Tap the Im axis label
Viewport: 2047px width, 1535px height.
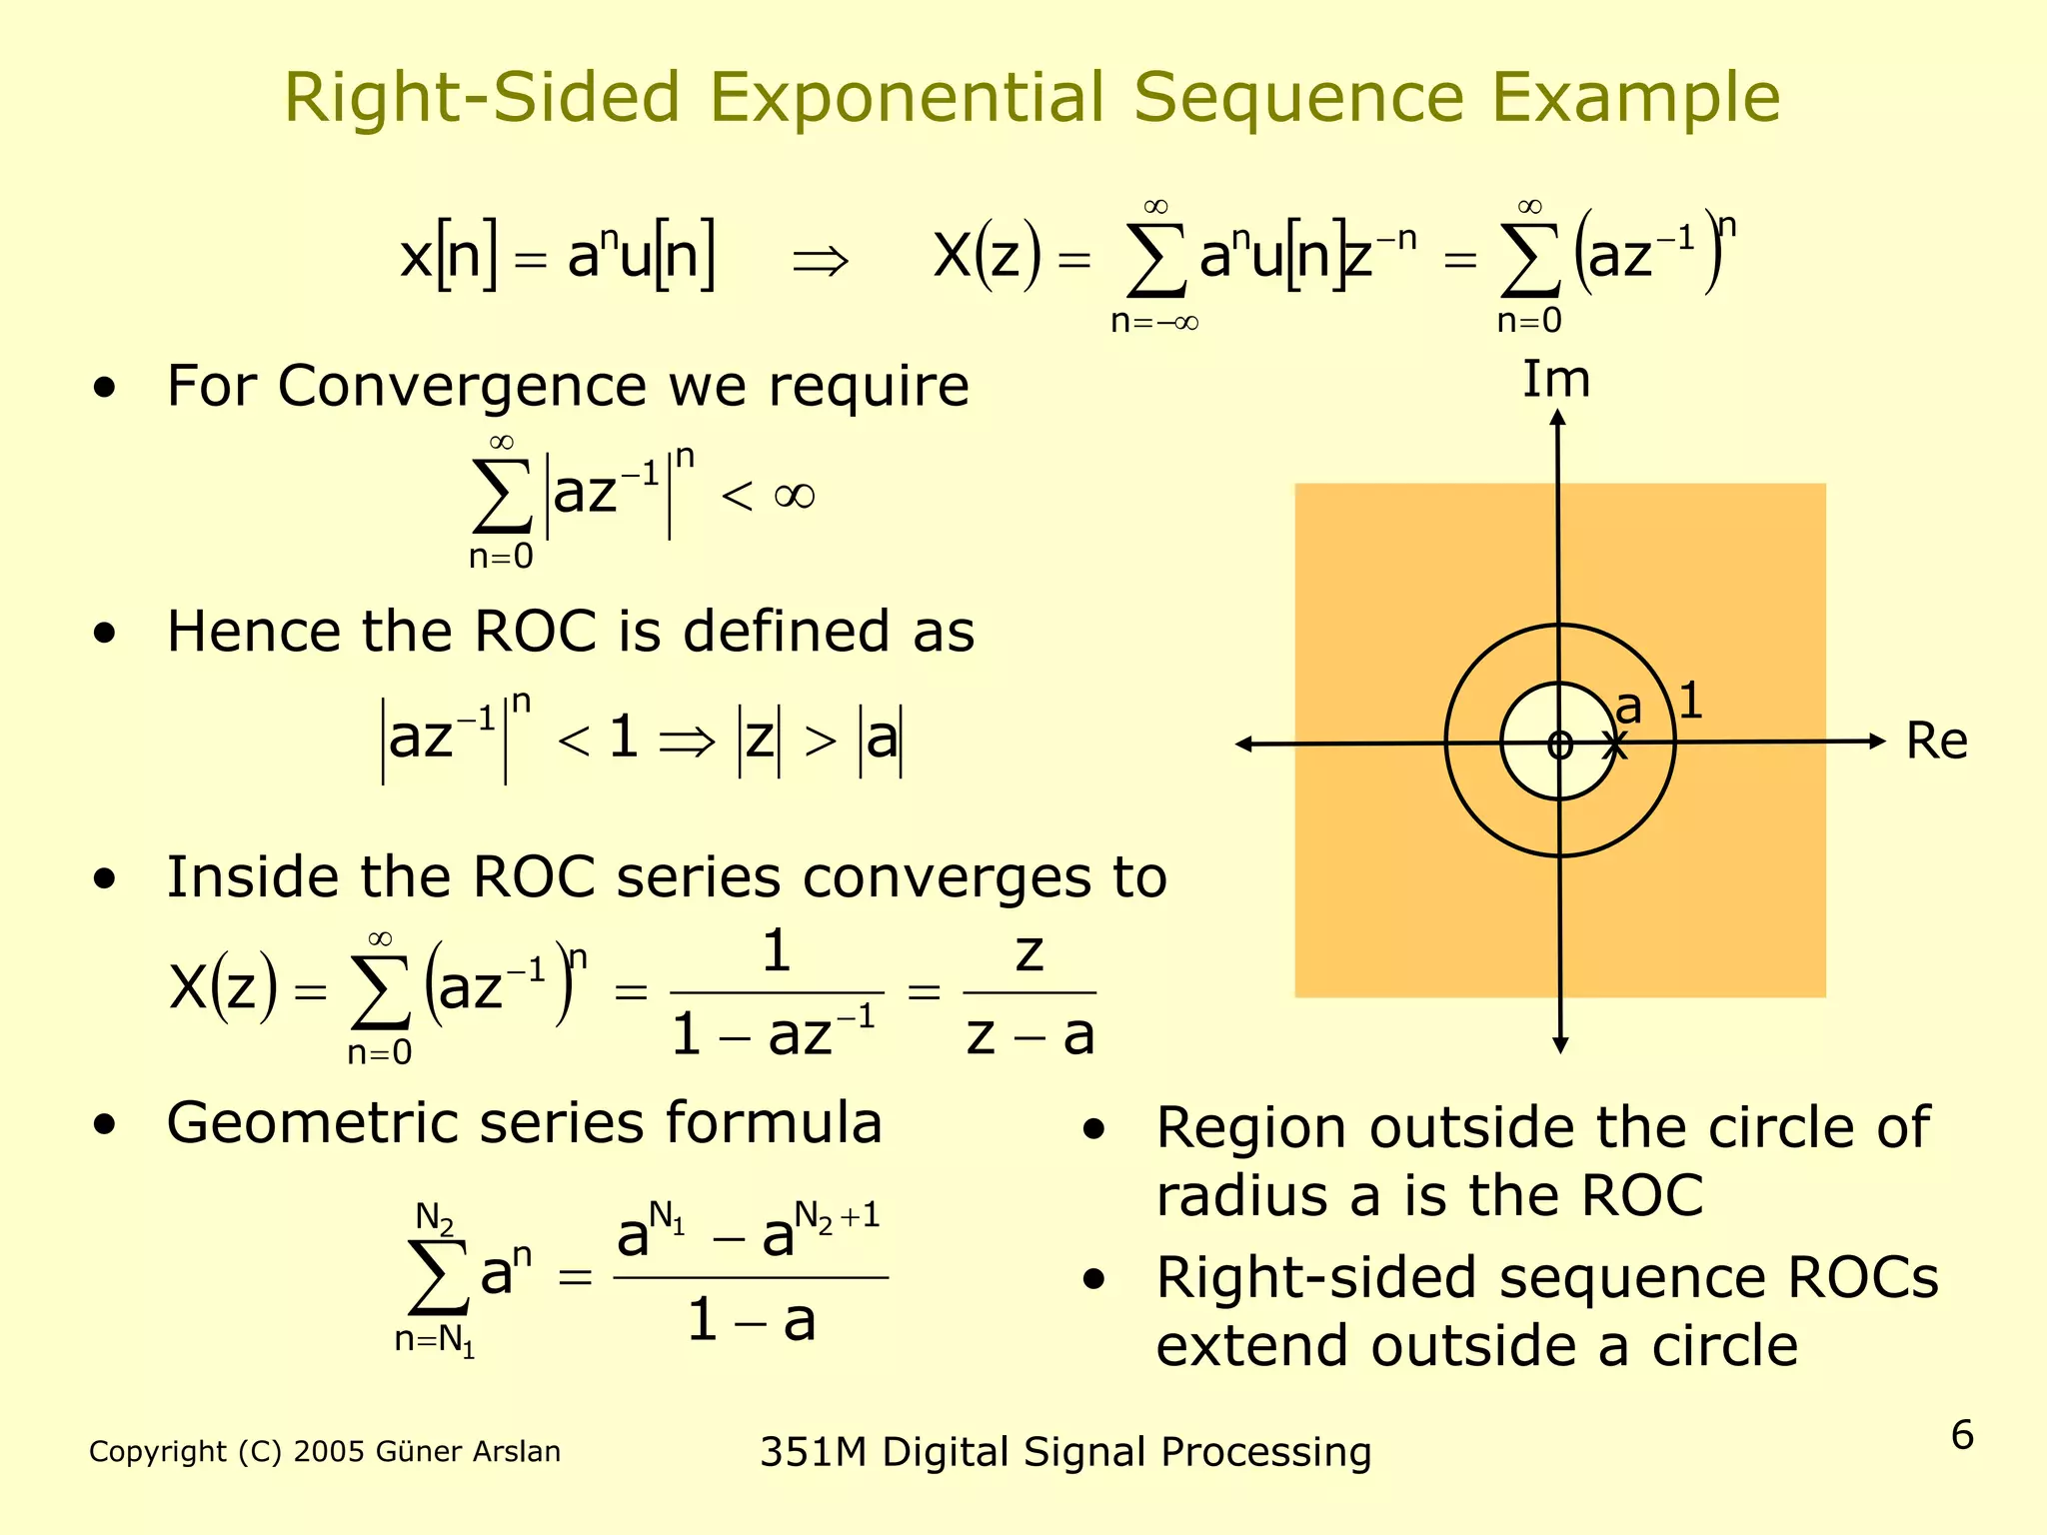coord(1555,380)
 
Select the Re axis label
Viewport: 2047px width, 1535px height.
coord(1936,742)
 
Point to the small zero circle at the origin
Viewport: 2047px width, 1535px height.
coord(1559,745)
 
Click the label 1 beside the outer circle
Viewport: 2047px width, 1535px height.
coord(1690,701)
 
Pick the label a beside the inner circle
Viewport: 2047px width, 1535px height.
coord(1628,709)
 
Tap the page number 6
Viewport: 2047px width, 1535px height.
coord(1962,1435)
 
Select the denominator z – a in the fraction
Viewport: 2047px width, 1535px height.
coord(1029,1035)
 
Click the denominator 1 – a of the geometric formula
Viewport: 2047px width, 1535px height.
coord(752,1321)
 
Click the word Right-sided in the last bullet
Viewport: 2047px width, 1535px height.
coord(1316,1278)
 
